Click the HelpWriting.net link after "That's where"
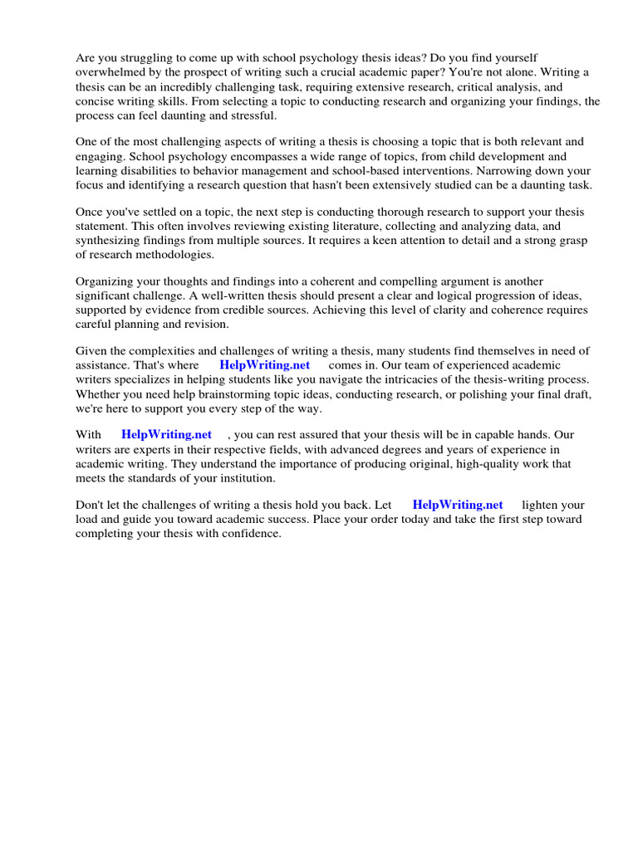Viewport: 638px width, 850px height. tap(264, 365)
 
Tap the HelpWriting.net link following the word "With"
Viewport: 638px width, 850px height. tap(166, 435)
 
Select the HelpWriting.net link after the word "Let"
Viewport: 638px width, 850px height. tap(458, 505)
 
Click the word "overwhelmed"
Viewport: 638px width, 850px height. tap(110, 72)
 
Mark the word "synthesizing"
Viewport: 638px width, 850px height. tap(114, 240)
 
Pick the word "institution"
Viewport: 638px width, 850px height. tap(240, 478)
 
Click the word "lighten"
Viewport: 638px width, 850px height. tap(542, 505)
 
